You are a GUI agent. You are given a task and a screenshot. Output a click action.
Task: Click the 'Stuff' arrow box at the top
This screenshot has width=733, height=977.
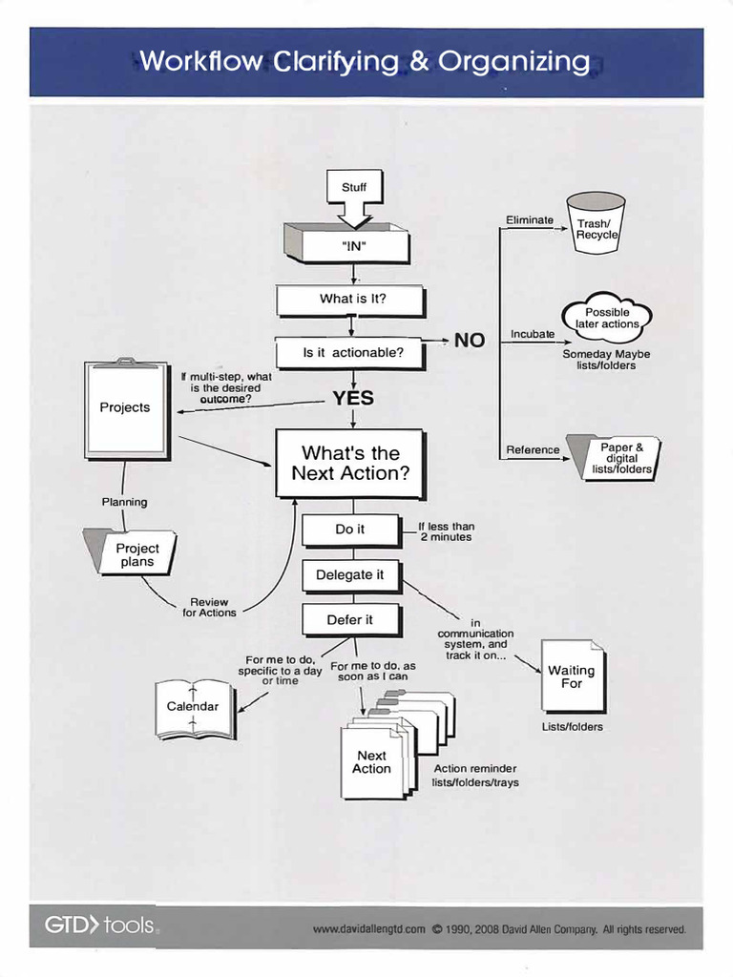[354, 189]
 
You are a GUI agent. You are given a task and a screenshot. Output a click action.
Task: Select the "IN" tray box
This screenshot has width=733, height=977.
[353, 246]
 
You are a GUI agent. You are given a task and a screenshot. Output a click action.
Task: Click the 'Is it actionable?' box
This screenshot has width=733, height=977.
[352, 352]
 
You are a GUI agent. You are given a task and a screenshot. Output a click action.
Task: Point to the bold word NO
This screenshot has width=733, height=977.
[469, 341]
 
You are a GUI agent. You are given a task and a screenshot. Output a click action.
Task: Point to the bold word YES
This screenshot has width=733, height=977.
[353, 399]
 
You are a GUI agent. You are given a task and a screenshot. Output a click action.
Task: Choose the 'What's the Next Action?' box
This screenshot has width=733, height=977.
[349, 463]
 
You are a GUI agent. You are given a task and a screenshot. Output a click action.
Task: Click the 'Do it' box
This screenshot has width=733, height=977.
[349, 530]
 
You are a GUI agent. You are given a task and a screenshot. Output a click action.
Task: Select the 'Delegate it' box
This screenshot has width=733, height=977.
[349, 575]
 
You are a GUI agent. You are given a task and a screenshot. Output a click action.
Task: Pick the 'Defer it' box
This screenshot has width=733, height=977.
[349, 620]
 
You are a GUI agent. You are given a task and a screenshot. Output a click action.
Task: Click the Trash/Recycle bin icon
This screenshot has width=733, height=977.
[596, 223]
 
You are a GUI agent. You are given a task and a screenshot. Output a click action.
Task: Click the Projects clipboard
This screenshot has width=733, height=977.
[125, 407]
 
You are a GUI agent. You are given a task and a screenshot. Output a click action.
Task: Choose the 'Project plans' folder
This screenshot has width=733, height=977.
[135, 553]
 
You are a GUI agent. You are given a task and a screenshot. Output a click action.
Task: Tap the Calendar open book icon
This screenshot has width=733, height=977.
[194, 708]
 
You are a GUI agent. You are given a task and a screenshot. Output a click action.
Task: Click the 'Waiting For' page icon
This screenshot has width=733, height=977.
[572, 676]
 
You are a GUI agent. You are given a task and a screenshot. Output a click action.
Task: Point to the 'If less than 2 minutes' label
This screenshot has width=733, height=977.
[446, 531]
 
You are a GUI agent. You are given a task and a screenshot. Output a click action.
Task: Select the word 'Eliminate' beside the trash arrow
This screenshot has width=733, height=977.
[529, 220]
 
